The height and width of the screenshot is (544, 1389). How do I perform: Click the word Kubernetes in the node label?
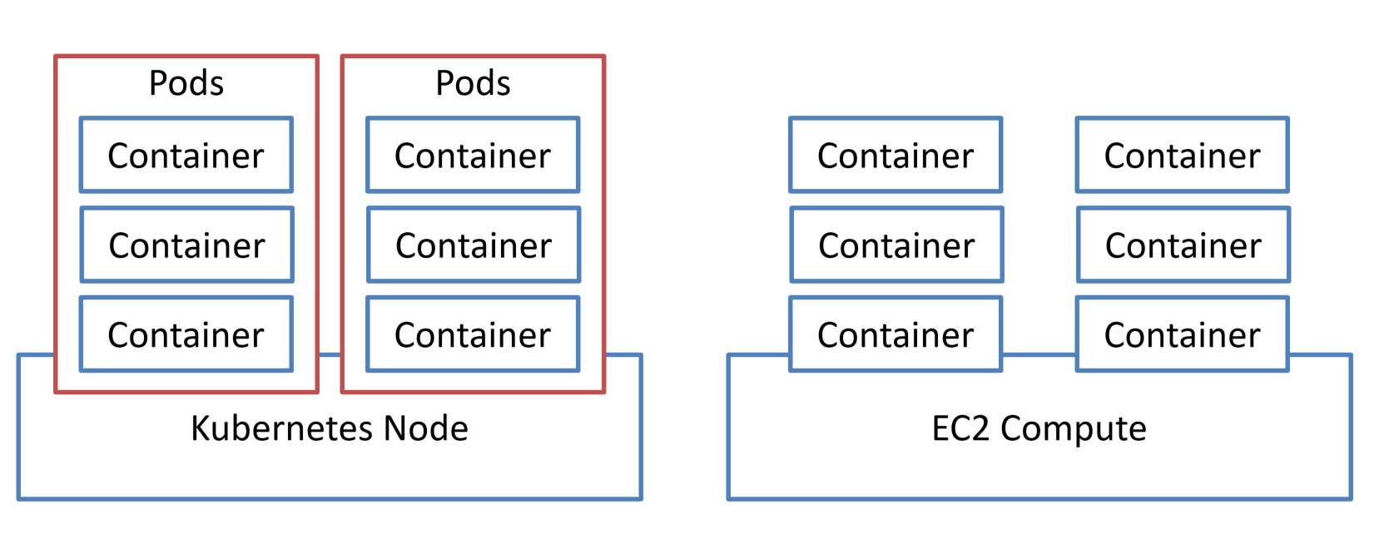pyautogui.click(x=282, y=429)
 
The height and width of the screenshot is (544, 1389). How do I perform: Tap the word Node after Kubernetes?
pyautogui.click(x=425, y=429)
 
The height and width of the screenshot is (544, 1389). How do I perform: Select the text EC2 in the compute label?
pyautogui.click(x=960, y=429)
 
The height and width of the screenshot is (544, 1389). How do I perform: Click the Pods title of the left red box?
pyautogui.click(x=186, y=84)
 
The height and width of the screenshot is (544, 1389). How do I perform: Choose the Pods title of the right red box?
pyautogui.click(x=473, y=84)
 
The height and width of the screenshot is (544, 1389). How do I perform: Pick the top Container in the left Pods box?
pyautogui.click(x=186, y=156)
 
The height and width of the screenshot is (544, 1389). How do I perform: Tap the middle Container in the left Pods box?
pyautogui.click(x=186, y=245)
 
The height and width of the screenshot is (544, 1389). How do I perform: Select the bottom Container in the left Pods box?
pyautogui.click(x=186, y=334)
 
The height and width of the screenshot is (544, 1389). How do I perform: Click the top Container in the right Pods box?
pyautogui.click(x=473, y=156)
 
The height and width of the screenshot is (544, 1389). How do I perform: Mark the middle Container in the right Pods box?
pyautogui.click(x=473, y=245)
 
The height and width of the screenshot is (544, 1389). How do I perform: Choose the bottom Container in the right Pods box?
pyautogui.click(x=473, y=334)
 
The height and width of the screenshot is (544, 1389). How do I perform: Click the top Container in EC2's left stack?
pyautogui.click(x=895, y=156)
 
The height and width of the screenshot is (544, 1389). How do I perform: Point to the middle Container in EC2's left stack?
pyautogui.click(x=895, y=245)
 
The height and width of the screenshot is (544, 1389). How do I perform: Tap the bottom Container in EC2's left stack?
pyautogui.click(x=895, y=334)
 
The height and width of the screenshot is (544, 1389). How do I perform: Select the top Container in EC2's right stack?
pyautogui.click(x=1182, y=156)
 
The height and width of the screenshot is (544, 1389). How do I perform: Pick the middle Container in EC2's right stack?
pyautogui.click(x=1182, y=245)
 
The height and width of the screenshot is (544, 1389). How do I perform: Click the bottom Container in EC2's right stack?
pyautogui.click(x=1182, y=334)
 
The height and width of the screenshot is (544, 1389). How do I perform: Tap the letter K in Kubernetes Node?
pyautogui.click(x=200, y=429)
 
